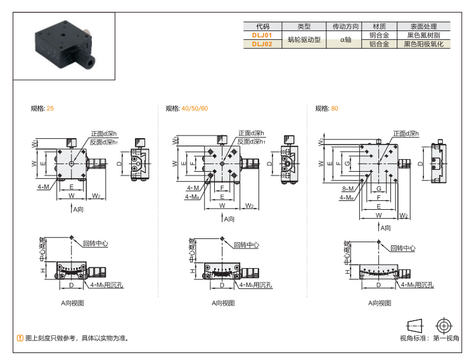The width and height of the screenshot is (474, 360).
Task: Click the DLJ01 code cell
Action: coord(262,35)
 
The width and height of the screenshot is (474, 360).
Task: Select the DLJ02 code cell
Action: coord(262,44)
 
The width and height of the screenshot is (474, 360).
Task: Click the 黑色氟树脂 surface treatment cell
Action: coord(423,35)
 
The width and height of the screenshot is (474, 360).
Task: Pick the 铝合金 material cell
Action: coord(379,44)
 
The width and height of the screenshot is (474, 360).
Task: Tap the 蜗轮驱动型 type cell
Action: coord(304,40)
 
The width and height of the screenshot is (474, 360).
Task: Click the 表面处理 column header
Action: coord(423,27)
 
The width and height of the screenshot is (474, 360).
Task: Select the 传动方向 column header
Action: coord(345,27)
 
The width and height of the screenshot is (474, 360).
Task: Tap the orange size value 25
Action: coord(50,108)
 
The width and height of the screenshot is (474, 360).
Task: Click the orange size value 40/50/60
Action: coord(195,108)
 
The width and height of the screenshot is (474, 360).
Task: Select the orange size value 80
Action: coord(335,108)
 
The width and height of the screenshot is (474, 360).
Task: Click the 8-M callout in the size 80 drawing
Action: coord(347,188)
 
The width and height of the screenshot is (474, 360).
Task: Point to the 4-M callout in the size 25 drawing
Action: coord(43,187)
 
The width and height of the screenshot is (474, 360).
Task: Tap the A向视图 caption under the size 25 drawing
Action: coord(72,303)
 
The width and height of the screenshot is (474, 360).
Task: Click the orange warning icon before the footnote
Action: coord(20,338)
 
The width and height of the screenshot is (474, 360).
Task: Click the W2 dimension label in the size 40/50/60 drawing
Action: coord(250,205)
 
